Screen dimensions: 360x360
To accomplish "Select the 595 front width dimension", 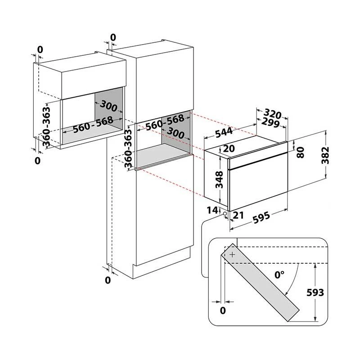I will pos(260,217).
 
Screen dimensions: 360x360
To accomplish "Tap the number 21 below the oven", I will pos(238,215).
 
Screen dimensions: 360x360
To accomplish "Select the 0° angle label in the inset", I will pos(280,273).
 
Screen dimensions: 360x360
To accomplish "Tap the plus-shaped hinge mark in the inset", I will pos(232,255).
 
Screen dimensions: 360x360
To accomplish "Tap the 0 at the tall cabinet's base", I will pos(108,280).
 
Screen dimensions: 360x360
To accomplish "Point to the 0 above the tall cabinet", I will pos(112,37).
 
